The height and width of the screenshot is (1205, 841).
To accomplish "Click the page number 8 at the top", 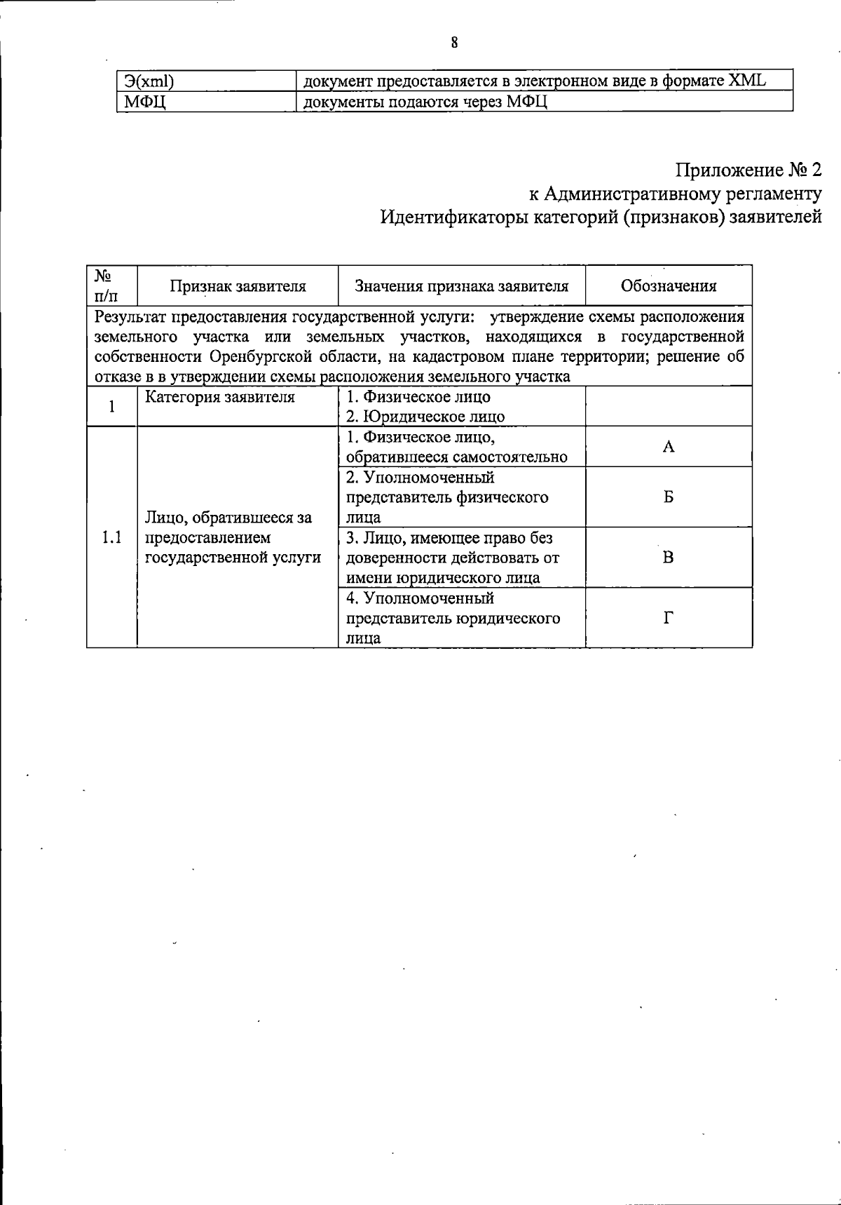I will [454, 43].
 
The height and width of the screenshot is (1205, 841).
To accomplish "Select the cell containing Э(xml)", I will [149, 81].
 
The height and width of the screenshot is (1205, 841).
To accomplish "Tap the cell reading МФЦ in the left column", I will [144, 102].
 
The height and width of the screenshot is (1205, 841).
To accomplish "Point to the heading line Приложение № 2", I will [748, 170].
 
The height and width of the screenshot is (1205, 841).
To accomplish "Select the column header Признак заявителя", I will [238, 286].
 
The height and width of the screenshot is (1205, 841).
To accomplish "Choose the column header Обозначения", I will [669, 286].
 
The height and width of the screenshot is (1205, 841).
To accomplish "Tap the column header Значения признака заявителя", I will [461, 286].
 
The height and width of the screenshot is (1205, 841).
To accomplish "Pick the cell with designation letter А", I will [669, 447].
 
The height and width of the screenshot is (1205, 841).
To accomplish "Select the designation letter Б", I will [669, 497].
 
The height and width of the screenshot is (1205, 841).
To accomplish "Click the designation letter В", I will [669, 558].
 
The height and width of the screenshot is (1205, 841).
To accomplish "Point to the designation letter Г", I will [669, 618].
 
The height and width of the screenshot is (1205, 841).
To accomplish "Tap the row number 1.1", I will [111, 538].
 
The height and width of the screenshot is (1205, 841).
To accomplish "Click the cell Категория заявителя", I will [220, 398].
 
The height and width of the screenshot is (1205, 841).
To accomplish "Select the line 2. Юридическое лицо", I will [425, 417].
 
